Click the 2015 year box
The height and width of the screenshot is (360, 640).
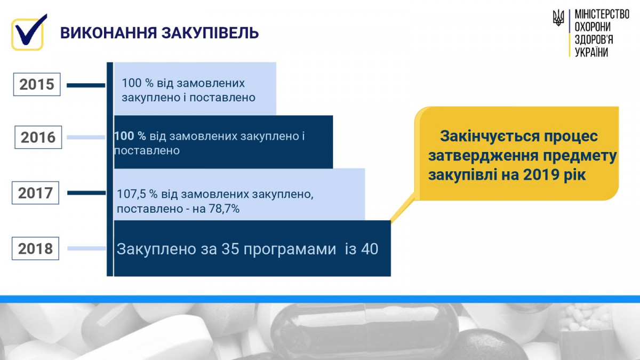point(37,84)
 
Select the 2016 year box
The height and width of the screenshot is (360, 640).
point(38,137)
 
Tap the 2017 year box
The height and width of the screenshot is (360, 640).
point(35,193)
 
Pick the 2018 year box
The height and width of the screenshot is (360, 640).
point(35,249)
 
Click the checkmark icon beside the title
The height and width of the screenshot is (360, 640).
point(29,33)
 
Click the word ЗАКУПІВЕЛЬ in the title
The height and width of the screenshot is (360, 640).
point(210,33)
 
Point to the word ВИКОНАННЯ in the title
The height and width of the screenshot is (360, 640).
point(109,33)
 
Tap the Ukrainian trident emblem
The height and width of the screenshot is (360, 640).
point(558,18)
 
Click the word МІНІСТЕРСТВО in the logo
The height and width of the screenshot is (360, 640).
point(602,14)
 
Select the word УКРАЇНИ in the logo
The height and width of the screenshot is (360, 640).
point(591,52)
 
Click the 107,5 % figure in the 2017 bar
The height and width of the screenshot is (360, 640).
point(137,194)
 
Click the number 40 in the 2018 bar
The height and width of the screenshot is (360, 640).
point(370,249)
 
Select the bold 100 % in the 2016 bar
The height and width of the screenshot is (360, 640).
point(130,136)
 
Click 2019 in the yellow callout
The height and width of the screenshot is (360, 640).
point(541,175)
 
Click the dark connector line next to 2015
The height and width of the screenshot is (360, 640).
point(86,85)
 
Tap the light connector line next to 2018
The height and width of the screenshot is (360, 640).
point(86,249)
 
